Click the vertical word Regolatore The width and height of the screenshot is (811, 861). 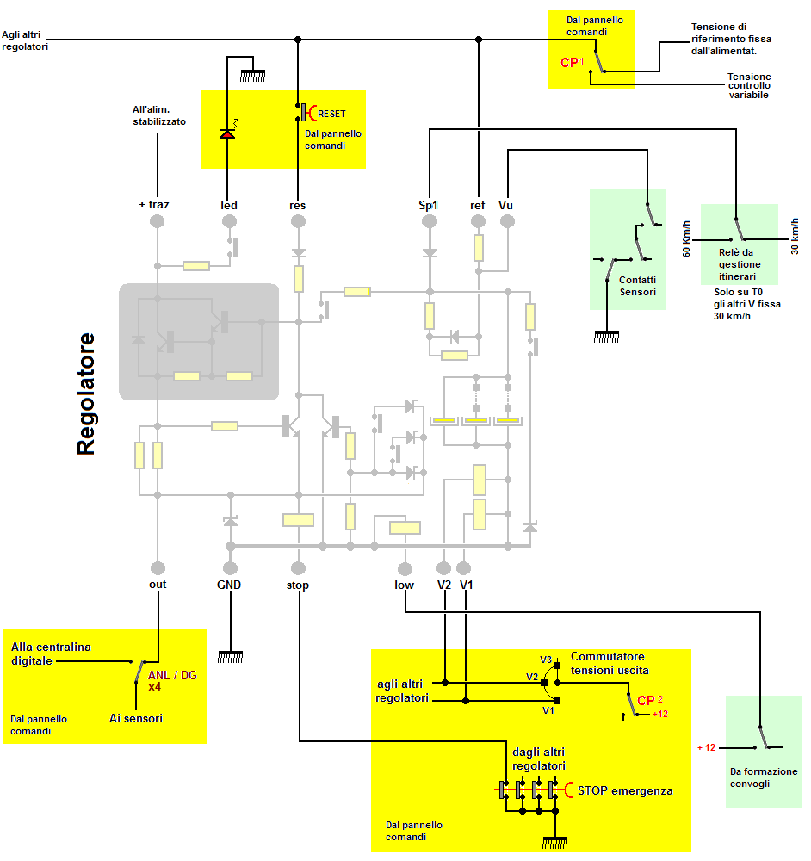pos(85,393)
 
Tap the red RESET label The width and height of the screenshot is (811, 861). pos(331,114)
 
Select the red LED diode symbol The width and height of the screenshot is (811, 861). pos(228,133)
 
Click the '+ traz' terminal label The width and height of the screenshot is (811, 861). pos(154,205)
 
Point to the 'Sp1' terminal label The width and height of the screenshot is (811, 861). pos(428,205)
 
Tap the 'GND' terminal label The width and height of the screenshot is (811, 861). pos(229,585)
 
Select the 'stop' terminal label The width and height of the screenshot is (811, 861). pos(297,585)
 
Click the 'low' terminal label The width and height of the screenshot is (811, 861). pos(404,585)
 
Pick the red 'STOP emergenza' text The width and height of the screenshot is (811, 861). pos(624,790)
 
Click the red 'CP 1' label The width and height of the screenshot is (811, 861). pos(572,63)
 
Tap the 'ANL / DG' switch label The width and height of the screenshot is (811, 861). pos(172,675)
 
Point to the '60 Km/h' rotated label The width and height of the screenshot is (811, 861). pos(686,239)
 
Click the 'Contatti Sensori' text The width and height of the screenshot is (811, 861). pos(637,286)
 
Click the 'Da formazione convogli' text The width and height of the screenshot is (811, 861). pos(763,777)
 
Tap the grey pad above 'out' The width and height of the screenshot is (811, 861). pos(158,567)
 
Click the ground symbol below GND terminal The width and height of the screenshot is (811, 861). pos(229,656)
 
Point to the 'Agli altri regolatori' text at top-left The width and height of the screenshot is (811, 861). pos(25,40)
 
